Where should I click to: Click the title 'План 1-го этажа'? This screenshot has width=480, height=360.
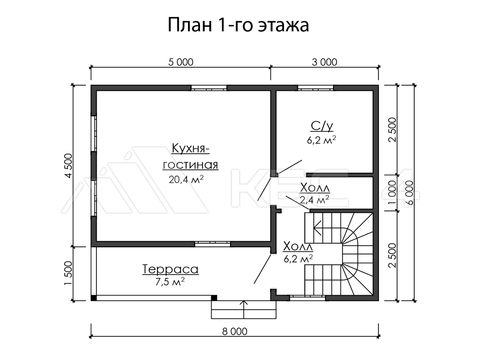click(x=238, y=25)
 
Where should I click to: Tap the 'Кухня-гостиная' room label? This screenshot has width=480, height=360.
click(x=190, y=156)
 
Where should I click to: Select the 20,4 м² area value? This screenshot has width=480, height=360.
click(x=186, y=179)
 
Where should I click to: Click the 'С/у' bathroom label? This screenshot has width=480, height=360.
click(x=322, y=126)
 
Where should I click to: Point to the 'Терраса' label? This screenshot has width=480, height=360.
click(x=170, y=269)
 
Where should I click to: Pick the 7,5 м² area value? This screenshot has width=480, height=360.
click(x=170, y=282)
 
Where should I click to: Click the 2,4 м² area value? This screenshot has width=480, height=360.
click(x=315, y=200)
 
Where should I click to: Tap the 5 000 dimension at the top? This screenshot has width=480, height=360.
click(x=181, y=62)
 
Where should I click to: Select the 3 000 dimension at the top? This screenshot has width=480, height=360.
click(x=324, y=62)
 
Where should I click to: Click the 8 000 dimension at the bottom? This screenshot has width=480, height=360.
click(x=235, y=332)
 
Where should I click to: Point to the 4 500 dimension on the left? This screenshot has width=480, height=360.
click(x=68, y=166)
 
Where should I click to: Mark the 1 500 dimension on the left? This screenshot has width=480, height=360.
click(x=68, y=273)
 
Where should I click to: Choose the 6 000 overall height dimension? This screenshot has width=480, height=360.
click(x=409, y=193)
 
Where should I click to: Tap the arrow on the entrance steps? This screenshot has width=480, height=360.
click(x=244, y=310)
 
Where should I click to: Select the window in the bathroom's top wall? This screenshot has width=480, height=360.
click(x=316, y=88)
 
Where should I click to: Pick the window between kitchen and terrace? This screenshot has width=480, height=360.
click(x=212, y=244)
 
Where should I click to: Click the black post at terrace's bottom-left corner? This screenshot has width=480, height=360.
click(x=94, y=298)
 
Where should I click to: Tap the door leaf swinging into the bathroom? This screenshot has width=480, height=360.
click(x=290, y=167)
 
